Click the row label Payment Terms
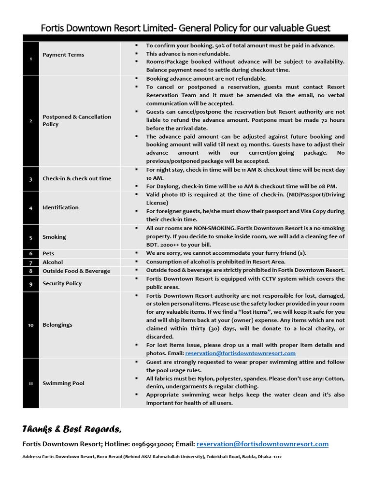[x=63, y=55]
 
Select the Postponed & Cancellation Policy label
[x=77, y=120]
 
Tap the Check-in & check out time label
[x=77, y=178]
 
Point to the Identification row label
[x=60, y=207]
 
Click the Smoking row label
[x=54, y=237]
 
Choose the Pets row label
[x=48, y=253]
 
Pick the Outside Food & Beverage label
[x=76, y=271]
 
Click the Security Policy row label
[x=62, y=283]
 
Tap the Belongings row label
[x=57, y=325]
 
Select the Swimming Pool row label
[x=63, y=383]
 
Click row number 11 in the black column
[x=30, y=383]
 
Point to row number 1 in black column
[x=30, y=59]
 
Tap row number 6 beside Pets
[x=30, y=253]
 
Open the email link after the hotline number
[x=263, y=444]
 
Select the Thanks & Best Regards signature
[x=72, y=429]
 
